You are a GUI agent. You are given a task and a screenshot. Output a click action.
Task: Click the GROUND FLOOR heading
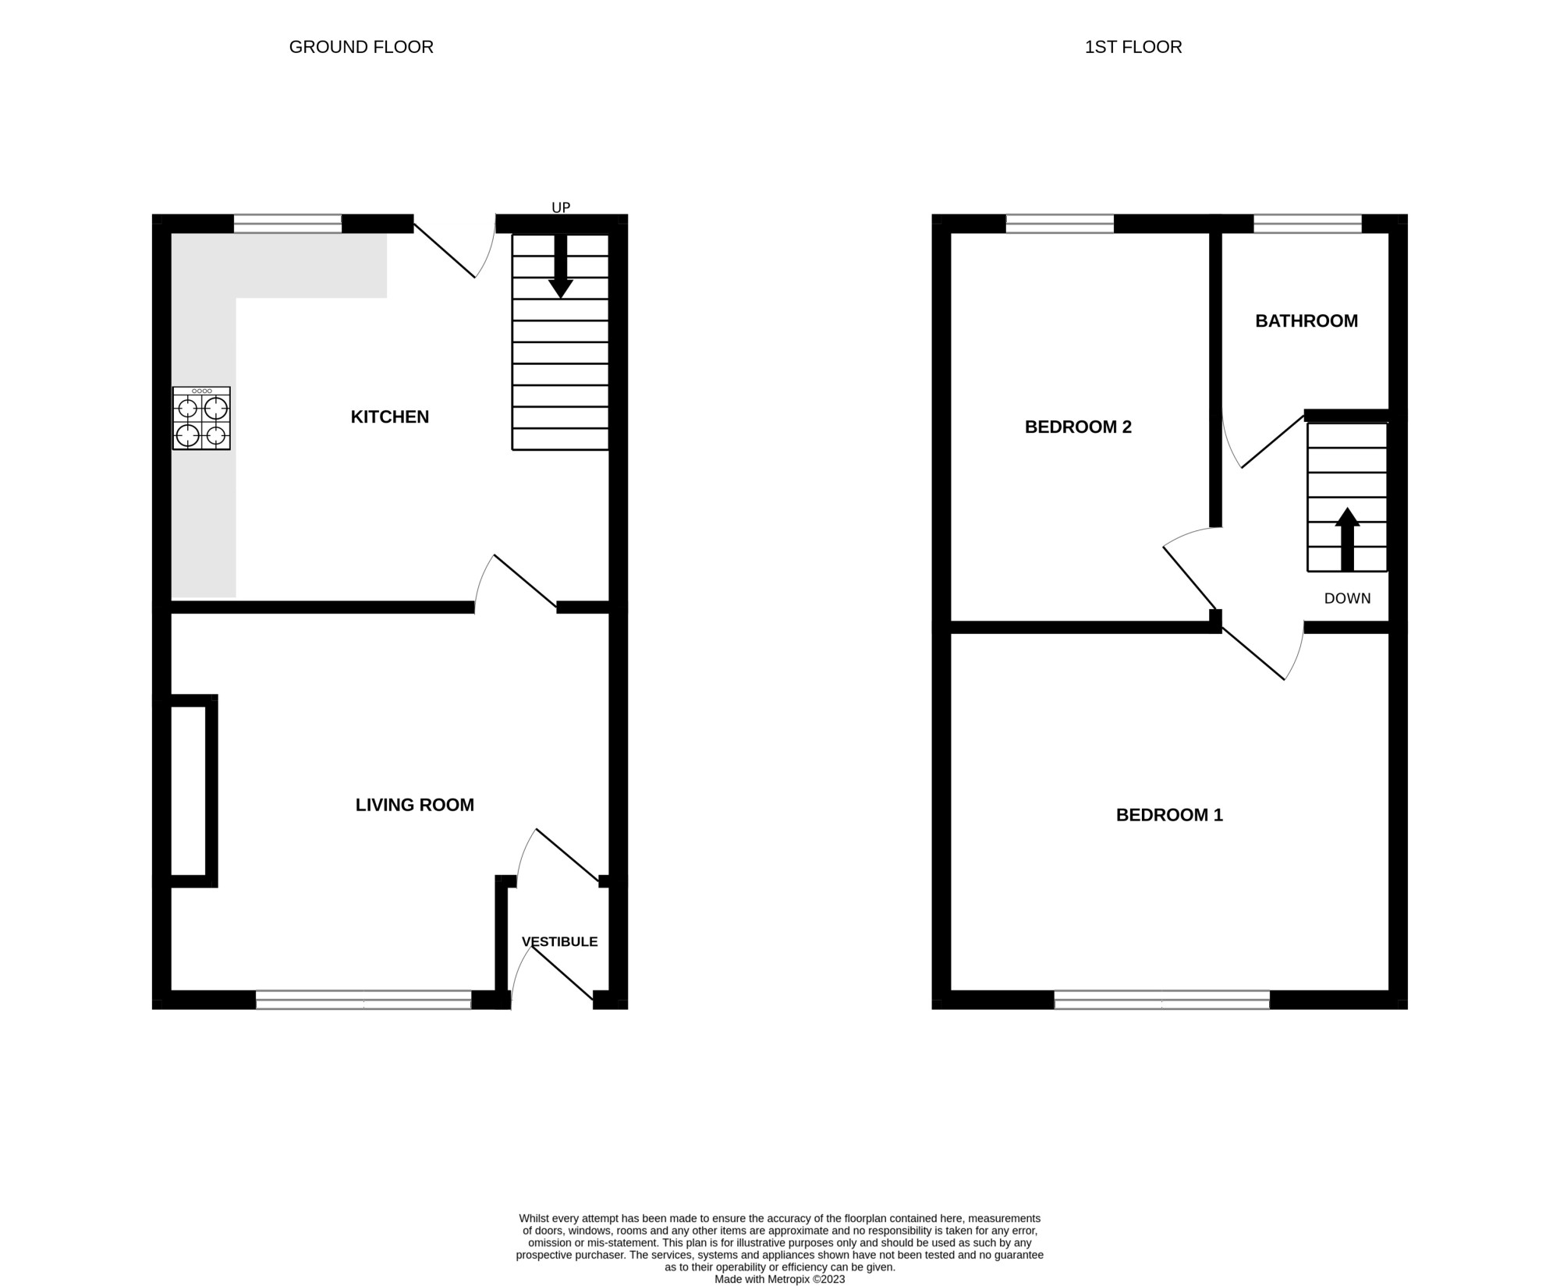[x=361, y=47]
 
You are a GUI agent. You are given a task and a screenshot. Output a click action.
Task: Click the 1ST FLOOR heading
[x=1133, y=47]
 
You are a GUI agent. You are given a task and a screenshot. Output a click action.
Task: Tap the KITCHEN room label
[x=390, y=417]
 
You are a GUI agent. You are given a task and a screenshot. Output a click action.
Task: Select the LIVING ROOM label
[x=415, y=805]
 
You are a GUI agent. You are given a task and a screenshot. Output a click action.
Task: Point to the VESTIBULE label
[x=560, y=941]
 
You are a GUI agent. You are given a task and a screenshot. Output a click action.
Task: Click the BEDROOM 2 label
[x=1078, y=427]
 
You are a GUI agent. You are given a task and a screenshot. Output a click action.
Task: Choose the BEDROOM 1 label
[x=1169, y=815]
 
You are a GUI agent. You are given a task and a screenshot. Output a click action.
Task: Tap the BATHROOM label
[x=1306, y=321]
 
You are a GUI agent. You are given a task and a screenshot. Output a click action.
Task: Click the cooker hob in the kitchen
[x=201, y=418]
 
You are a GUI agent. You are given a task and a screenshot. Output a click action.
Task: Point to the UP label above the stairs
[x=561, y=207]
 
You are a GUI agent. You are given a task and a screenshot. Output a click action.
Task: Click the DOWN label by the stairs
[x=1347, y=598]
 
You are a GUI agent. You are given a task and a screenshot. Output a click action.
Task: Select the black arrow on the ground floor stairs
[x=560, y=266]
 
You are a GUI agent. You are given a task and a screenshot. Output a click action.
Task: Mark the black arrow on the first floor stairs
[x=1347, y=539]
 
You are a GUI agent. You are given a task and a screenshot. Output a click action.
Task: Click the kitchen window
[x=288, y=224]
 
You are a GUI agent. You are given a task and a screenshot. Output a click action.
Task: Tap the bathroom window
[x=1307, y=224]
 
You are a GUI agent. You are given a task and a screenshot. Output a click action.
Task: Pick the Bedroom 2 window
[x=1060, y=224]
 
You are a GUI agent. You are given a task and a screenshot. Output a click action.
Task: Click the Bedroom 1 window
[x=1162, y=1000]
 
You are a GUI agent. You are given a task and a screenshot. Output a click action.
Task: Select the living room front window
[x=363, y=1000]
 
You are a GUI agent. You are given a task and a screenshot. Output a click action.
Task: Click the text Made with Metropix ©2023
[x=780, y=1280]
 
